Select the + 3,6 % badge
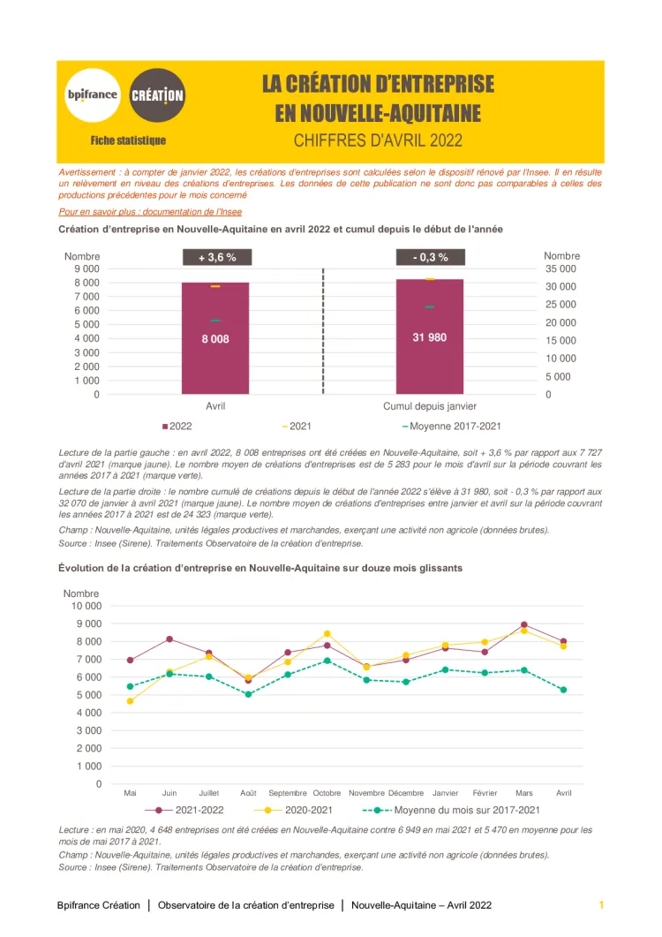coord(216,257)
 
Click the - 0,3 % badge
coord(430,257)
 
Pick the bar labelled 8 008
coord(215,338)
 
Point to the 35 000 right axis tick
coord(560,268)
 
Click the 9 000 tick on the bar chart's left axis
coord(86,268)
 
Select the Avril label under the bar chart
coord(215,406)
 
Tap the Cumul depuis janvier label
coord(430,406)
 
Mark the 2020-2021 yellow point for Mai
coord(131,701)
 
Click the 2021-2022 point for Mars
coord(524,624)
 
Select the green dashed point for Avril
coord(563,690)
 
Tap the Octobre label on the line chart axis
coord(327,793)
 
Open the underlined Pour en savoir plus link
coord(150,212)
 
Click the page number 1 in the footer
coord(601,905)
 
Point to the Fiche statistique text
coord(128,140)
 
